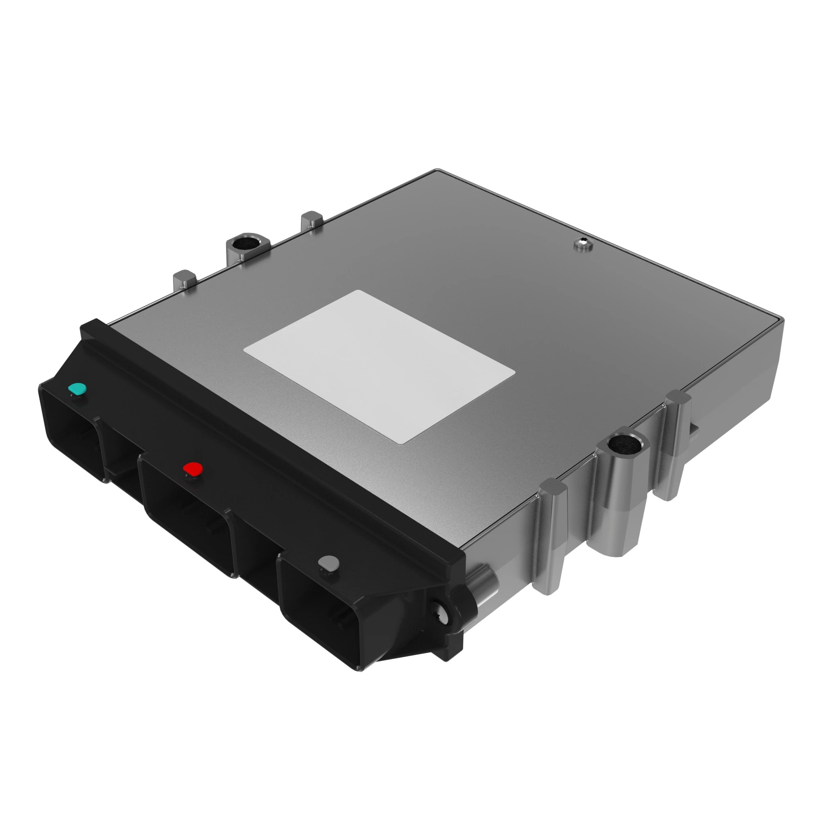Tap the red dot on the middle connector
tap(193, 468)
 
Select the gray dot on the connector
tap(329, 563)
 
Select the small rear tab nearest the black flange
tap(184, 280)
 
